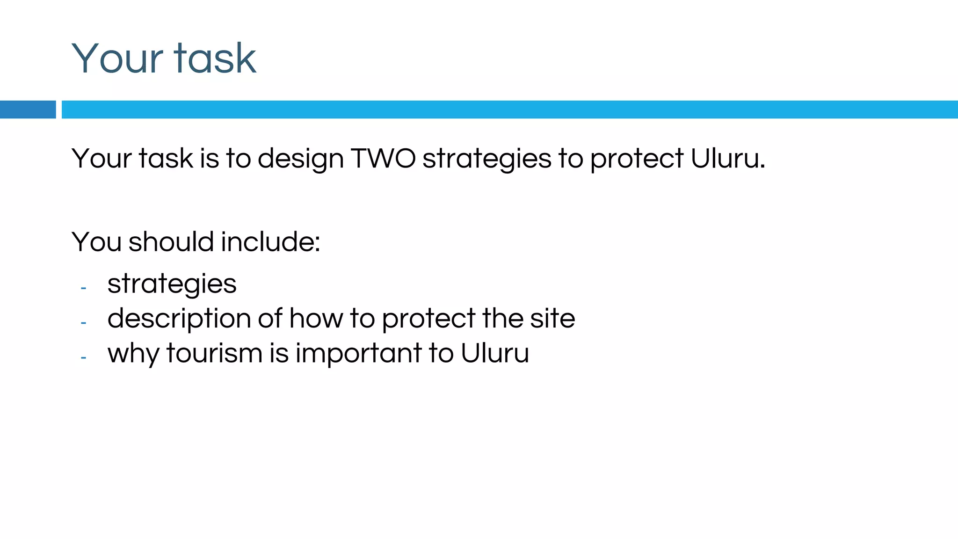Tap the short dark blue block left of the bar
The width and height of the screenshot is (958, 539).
(28, 109)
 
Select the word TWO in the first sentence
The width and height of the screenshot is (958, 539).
(383, 158)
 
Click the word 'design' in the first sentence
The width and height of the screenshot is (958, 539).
(301, 159)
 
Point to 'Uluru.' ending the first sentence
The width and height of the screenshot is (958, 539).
(728, 158)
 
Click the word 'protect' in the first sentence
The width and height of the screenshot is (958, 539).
(637, 159)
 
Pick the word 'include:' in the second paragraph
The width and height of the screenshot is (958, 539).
(270, 242)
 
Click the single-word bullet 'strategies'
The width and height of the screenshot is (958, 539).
(172, 284)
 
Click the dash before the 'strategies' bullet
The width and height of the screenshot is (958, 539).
(83, 288)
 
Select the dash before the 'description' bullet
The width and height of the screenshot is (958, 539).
(83, 323)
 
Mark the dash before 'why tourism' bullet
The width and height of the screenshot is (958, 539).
(83, 357)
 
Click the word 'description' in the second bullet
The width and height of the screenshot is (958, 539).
(179, 319)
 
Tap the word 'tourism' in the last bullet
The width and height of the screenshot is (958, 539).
(214, 353)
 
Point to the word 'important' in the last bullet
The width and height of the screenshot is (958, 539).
(359, 353)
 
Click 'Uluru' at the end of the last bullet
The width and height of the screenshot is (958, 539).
(494, 353)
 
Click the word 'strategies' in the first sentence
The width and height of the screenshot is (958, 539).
(486, 159)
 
